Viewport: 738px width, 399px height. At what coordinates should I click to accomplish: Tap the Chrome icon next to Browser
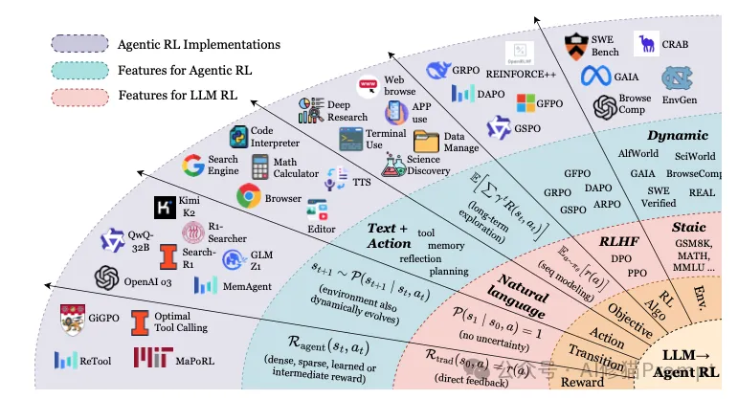(250, 197)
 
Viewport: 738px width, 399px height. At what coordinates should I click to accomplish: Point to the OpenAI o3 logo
(106, 278)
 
